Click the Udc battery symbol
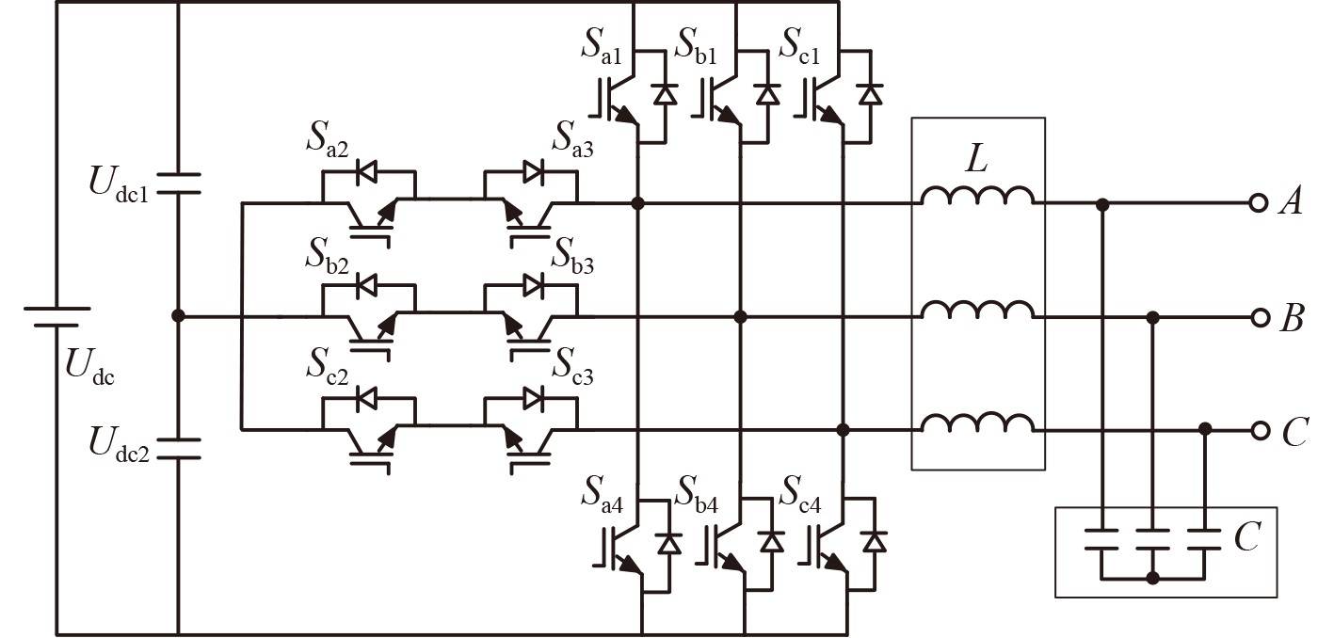(x=56, y=316)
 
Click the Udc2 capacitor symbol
(x=178, y=448)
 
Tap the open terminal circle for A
(x=1259, y=203)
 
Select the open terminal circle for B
(x=1259, y=318)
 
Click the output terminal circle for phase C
(x=1259, y=430)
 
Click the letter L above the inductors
(x=977, y=161)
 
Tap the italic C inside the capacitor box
(x=1246, y=539)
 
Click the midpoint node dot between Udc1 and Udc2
(x=178, y=317)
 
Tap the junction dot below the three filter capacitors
(x=1152, y=577)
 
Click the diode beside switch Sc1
(x=872, y=94)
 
